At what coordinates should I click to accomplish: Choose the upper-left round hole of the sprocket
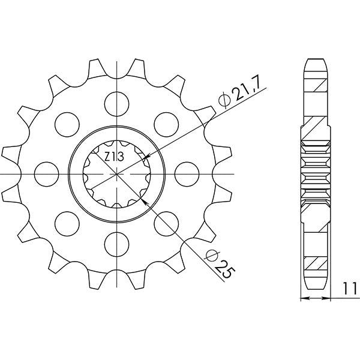coord(65,124)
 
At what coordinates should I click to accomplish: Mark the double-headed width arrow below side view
coord(316,298)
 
